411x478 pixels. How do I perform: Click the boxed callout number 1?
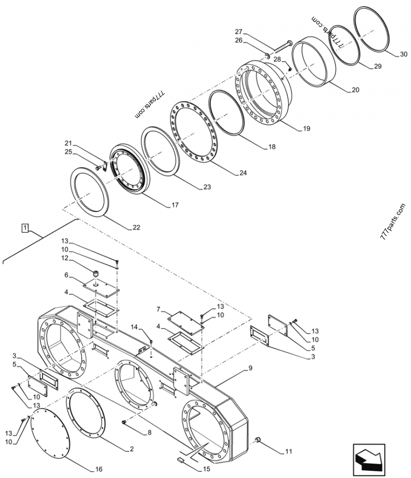pyautogui.click(x=24, y=227)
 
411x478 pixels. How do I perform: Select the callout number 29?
pyautogui.click(x=378, y=67)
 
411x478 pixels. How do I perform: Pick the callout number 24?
pyautogui.click(x=242, y=173)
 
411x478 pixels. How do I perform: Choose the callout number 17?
pyautogui.click(x=175, y=205)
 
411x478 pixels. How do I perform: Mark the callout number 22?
pyautogui.click(x=136, y=227)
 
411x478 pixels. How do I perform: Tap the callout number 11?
pyautogui.click(x=288, y=452)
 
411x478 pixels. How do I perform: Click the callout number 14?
pyautogui.click(x=135, y=327)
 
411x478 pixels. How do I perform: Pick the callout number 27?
pyautogui.click(x=238, y=31)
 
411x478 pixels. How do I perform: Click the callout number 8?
pyautogui.click(x=149, y=433)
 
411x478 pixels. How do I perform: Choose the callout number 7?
pyautogui.click(x=159, y=310)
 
